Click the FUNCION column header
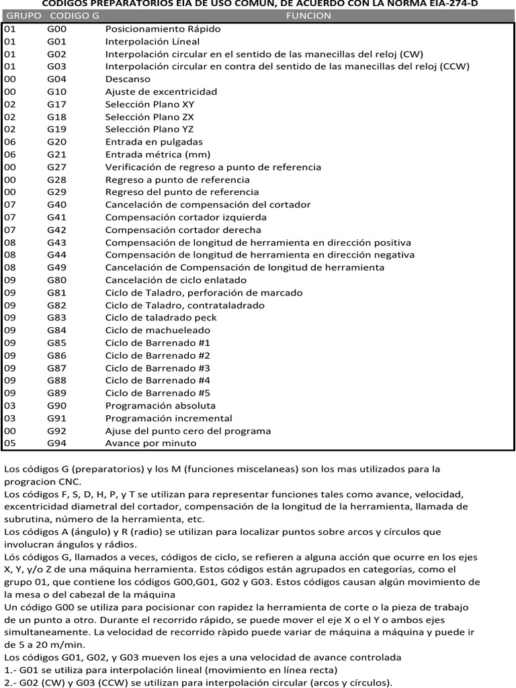[x=308, y=16]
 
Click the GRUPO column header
[x=22, y=16]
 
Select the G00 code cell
[x=56, y=29]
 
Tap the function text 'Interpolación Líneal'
[x=148, y=42]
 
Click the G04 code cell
[x=56, y=79]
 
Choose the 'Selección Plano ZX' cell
[x=144, y=116]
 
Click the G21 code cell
[x=56, y=154]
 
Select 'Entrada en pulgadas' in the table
[x=154, y=142]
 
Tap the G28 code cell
[x=56, y=179]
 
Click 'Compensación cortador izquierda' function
[x=185, y=217]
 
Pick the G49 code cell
[x=56, y=267]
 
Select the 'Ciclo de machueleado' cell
[x=157, y=330]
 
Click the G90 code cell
[x=56, y=406]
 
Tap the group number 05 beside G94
[x=10, y=443]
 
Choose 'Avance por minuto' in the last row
[x=150, y=443]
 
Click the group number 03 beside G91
[x=10, y=418]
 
